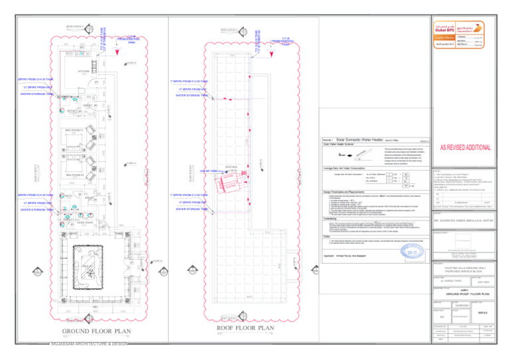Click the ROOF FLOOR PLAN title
(246, 328)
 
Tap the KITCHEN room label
(84, 71)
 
